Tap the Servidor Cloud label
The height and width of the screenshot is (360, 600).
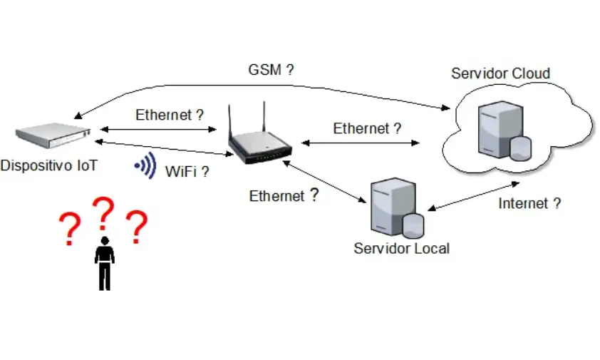tap(500, 73)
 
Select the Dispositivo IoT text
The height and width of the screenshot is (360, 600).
tap(49, 165)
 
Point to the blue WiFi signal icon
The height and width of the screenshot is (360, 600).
tap(146, 165)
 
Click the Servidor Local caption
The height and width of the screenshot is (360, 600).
tap(401, 249)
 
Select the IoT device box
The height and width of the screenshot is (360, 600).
tap(53, 135)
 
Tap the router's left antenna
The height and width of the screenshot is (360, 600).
tap(230, 120)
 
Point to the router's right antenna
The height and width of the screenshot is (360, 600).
tap(264, 117)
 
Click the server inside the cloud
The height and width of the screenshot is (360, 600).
tap(505, 130)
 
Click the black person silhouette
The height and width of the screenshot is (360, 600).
tap(105, 264)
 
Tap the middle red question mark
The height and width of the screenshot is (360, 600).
tap(103, 213)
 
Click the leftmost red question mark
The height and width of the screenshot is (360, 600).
tap(70, 229)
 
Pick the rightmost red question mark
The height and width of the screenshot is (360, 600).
tap(137, 227)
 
